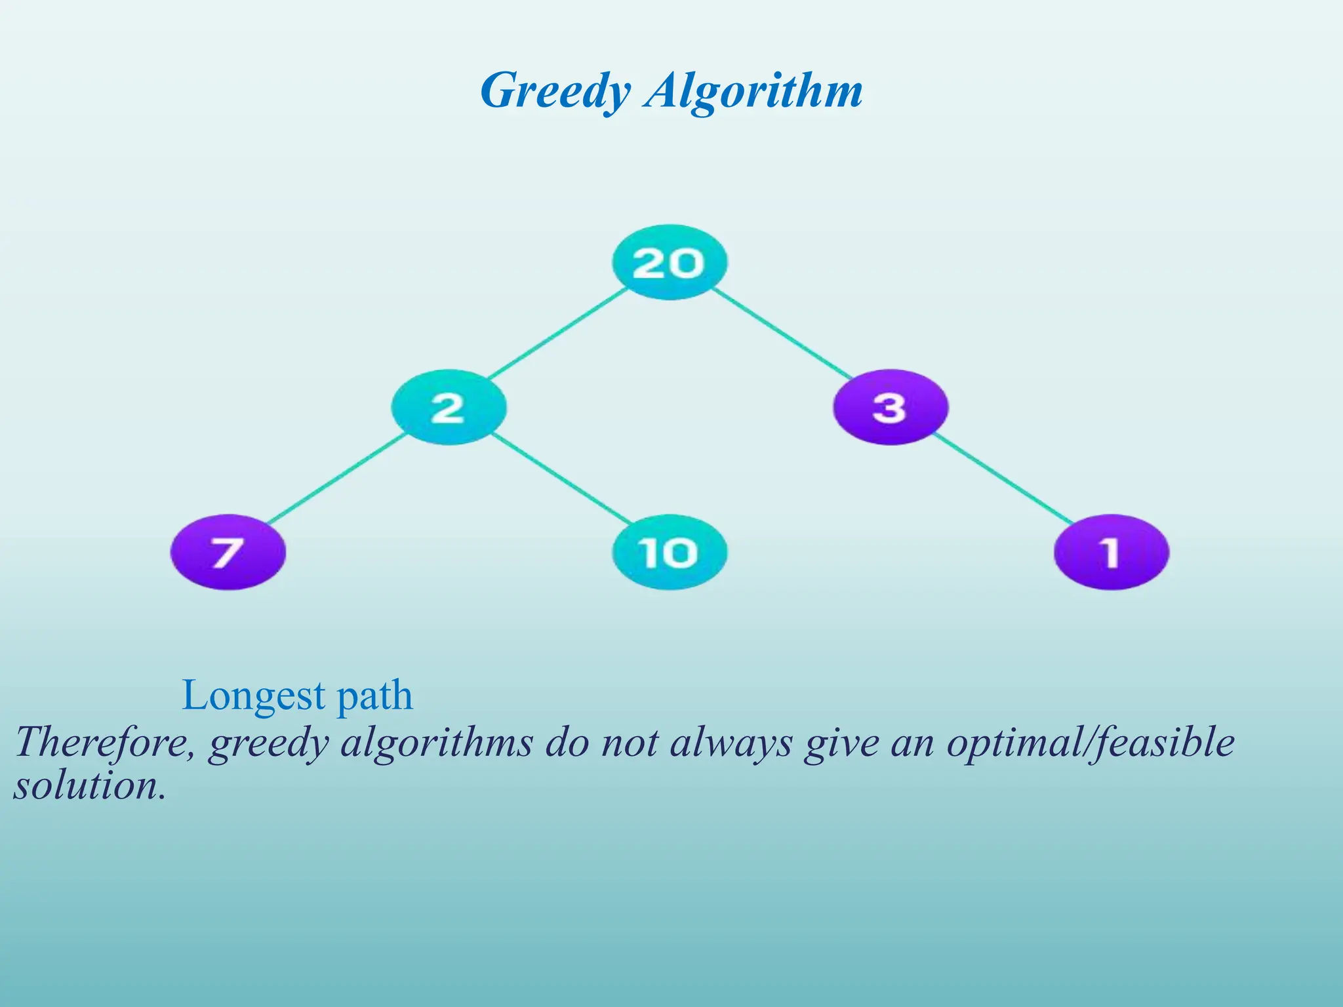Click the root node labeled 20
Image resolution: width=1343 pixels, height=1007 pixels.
(670, 263)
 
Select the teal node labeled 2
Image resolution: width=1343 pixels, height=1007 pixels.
(449, 407)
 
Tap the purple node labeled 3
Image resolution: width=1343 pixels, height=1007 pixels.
(890, 407)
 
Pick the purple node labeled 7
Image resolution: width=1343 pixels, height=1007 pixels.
(228, 552)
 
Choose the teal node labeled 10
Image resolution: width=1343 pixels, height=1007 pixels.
(670, 552)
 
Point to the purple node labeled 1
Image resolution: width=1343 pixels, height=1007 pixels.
(1111, 552)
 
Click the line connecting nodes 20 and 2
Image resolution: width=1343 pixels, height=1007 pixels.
(557, 333)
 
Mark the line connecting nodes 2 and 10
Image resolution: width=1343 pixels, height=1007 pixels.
(561, 479)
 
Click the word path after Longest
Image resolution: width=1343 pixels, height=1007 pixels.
(374, 697)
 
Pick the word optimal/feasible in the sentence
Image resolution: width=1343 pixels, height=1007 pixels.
(1090, 743)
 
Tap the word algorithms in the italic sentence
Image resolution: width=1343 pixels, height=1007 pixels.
(436, 743)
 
